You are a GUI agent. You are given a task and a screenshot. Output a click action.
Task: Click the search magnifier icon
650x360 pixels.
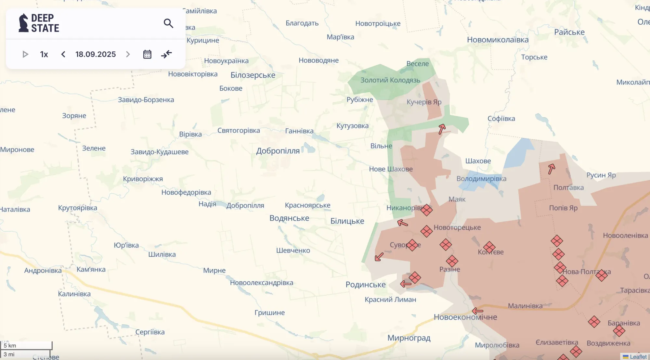point(168,23)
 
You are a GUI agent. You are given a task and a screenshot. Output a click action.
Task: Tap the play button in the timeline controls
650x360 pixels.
point(25,54)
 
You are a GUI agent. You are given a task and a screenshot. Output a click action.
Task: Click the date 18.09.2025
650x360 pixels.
point(96,54)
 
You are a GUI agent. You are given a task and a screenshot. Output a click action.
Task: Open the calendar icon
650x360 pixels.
point(147,54)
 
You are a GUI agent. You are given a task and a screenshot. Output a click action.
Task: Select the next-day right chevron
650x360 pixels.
point(128,54)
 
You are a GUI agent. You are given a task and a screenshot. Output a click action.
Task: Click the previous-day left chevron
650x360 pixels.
point(63,54)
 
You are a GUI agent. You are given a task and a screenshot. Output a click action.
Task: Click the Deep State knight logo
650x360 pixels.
point(23,23)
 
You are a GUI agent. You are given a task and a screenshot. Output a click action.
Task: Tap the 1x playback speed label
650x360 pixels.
point(44,54)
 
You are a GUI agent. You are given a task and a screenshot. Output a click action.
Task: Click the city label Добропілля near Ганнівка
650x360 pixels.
point(278,151)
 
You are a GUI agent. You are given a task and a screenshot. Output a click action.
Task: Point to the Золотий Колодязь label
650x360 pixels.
point(390,80)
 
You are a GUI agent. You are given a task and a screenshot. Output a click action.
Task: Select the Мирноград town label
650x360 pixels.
point(409,338)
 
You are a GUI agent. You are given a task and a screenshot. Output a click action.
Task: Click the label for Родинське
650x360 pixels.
point(366,285)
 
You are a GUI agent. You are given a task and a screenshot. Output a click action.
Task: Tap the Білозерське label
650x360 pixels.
point(253,75)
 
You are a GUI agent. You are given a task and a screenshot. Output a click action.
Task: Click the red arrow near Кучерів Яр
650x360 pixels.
point(442,129)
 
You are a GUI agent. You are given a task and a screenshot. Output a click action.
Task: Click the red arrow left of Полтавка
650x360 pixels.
point(551,169)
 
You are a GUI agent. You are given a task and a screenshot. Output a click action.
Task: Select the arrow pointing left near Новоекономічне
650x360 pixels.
point(477,311)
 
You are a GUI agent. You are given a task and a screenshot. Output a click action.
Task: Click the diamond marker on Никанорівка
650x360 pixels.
point(426,210)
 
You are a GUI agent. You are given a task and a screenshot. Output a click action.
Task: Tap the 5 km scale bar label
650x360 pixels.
point(10,345)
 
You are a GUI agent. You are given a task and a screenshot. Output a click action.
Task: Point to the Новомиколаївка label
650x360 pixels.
point(498,40)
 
